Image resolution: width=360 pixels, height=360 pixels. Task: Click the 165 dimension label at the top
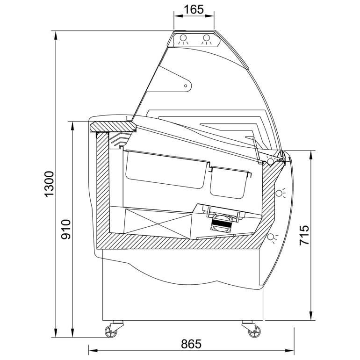[194, 9]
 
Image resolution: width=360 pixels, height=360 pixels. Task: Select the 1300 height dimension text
[49, 184]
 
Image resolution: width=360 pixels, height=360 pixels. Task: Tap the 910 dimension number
[66, 229]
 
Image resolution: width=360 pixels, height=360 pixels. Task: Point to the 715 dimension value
[304, 235]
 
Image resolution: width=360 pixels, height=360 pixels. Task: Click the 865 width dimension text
[191, 344]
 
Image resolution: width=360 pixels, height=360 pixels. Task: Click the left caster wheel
[110, 331]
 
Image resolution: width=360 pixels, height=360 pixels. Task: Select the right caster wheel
[255, 331]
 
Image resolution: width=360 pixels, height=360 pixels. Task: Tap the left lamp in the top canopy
[183, 38]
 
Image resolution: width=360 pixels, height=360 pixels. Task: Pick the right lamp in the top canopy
[206, 38]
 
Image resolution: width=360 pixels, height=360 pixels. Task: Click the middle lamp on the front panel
[279, 193]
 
